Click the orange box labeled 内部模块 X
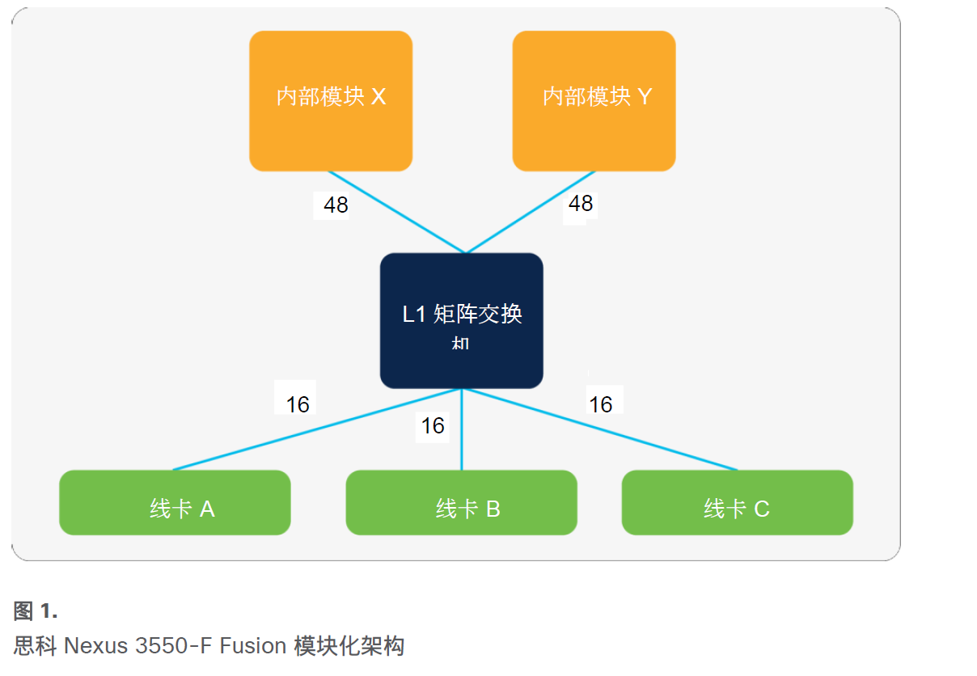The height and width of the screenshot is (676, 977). pyautogui.click(x=331, y=101)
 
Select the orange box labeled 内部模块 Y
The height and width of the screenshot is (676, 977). pyautogui.click(x=594, y=101)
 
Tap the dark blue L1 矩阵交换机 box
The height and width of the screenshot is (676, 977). pyautogui.click(x=461, y=320)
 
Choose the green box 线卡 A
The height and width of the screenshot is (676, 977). pyautogui.click(x=175, y=502)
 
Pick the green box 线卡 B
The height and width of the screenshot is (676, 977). pyautogui.click(x=461, y=502)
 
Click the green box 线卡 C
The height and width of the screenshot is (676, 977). pyautogui.click(x=737, y=502)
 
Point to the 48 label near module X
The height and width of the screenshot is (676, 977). pyautogui.click(x=336, y=205)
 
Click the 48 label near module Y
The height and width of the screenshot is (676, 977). pyautogui.click(x=581, y=203)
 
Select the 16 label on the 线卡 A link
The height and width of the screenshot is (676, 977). pyautogui.click(x=298, y=404)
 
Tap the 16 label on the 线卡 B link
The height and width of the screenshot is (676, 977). pyautogui.click(x=433, y=425)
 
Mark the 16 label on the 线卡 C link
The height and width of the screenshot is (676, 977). pyautogui.click(x=601, y=404)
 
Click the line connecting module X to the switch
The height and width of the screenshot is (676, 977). pyautogui.click(x=396, y=212)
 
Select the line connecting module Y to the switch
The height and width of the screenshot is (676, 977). pyautogui.click(x=530, y=212)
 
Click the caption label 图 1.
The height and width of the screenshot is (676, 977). pyautogui.click(x=36, y=611)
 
